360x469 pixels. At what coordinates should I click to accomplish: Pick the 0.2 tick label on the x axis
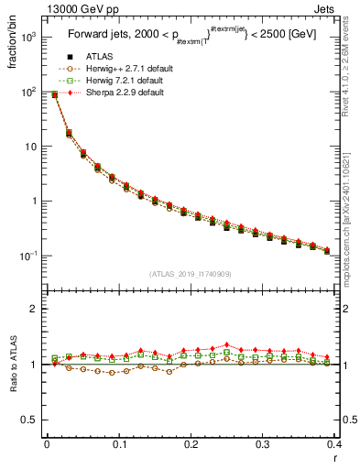point(191,444)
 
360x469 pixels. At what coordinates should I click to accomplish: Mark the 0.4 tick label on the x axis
point(334,444)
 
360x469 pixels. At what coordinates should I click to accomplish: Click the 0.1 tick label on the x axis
point(118,444)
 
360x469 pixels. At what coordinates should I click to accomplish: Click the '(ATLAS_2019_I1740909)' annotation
point(190,273)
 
